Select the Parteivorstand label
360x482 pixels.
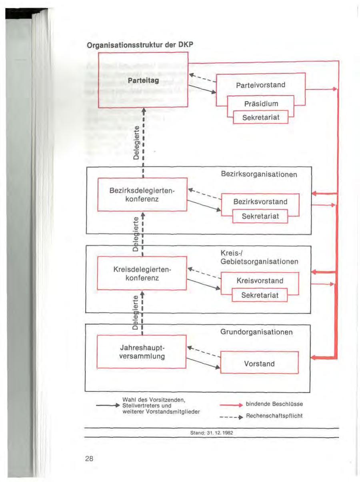pyautogui.click(x=260, y=85)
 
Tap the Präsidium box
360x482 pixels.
pyautogui.click(x=260, y=104)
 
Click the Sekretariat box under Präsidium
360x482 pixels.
pyautogui.click(x=260, y=117)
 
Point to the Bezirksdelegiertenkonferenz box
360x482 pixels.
pyautogui.click(x=142, y=194)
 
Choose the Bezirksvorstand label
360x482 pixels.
pyautogui.click(x=260, y=202)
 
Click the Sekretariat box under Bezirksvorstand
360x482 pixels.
pyautogui.click(x=260, y=216)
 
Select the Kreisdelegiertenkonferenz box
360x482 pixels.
pyautogui.click(x=142, y=273)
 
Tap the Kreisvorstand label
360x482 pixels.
pyautogui.click(x=260, y=281)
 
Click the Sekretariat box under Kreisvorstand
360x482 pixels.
pyautogui.click(x=260, y=296)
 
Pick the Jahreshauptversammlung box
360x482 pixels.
pyautogui.click(x=142, y=352)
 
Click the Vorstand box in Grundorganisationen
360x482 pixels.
pyautogui.click(x=260, y=363)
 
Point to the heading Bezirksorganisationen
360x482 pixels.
pyautogui.click(x=259, y=174)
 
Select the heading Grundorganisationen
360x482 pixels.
pyautogui.click(x=256, y=332)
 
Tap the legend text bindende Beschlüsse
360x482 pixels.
pyautogui.click(x=274, y=404)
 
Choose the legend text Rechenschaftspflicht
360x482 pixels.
pyautogui.click(x=274, y=416)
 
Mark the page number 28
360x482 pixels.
pyautogui.click(x=89, y=459)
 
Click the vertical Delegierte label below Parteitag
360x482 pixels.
pyautogui.click(x=136, y=142)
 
